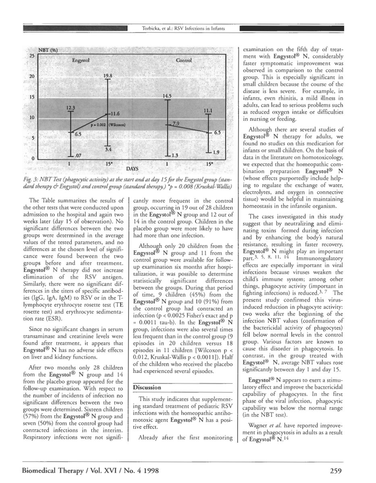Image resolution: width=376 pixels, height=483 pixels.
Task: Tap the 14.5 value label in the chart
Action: tap(167, 96)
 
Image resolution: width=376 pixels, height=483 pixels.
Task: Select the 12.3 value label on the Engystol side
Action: tap(71, 107)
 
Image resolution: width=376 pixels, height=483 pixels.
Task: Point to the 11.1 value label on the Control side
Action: tap(208, 109)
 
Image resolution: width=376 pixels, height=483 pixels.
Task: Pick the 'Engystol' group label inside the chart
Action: tap(81, 60)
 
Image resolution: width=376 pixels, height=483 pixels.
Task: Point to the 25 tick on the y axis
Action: tap(31, 56)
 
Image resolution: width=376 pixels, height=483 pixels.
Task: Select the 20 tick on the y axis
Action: tap(31, 76)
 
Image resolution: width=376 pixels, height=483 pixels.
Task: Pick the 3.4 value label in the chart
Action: tap(108, 149)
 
